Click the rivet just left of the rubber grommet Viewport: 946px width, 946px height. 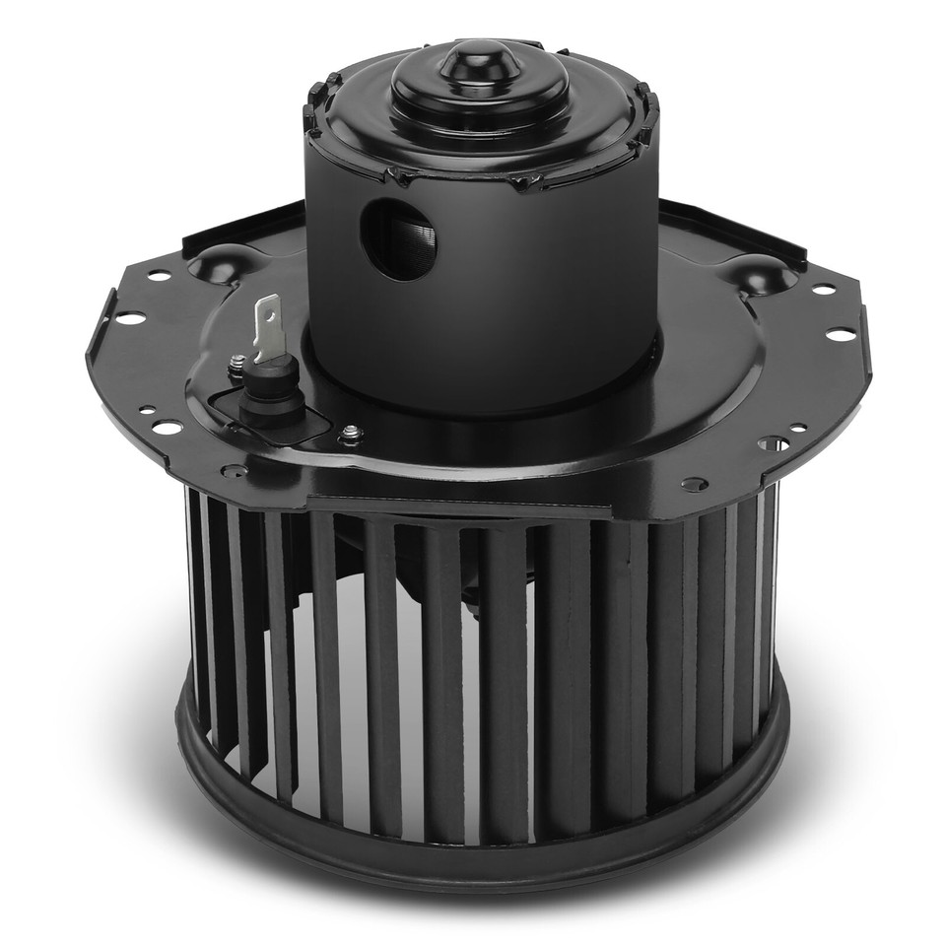236,368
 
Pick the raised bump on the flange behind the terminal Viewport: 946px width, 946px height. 223,263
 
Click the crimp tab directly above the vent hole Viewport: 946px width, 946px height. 398,177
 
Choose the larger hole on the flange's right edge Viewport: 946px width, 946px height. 840,335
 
